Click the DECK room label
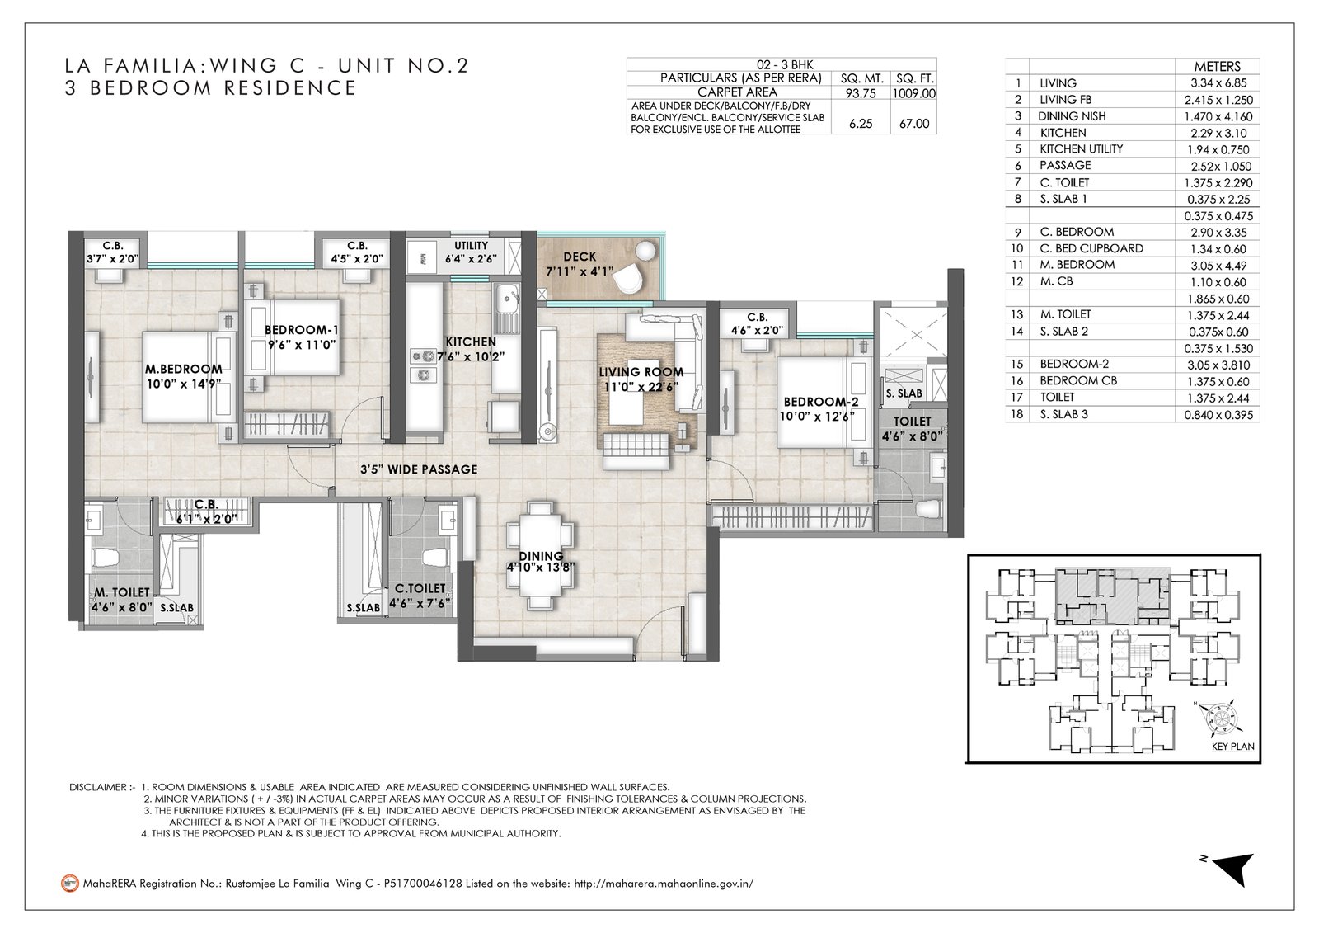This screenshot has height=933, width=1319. pyautogui.click(x=580, y=257)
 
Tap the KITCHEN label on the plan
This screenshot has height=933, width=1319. pyautogui.click(x=471, y=342)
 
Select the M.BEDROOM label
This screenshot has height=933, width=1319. pyautogui.click(x=184, y=369)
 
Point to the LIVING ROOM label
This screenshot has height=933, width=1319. pyautogui.click(x=641, y=372)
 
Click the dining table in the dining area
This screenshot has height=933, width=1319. pyautogui.click(x=541, y=556)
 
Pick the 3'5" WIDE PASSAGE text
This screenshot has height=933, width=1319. pyautogui.click(x=419, y=469)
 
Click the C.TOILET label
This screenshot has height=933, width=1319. pyautogui.click(x=420, y=588)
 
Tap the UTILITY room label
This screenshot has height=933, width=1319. pyautogui.click(x=471, y=245)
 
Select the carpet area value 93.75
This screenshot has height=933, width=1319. pyautogui.click(x=861, y=93)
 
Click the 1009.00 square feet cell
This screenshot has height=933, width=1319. pyautogui.click(x=914, y=93)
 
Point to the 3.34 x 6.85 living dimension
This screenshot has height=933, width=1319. pyautogui.click(x=1218, y=83)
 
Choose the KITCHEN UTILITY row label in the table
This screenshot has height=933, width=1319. pyautogui.click(x=1081, y=149)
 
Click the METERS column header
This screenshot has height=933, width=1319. pyautogui.click(x=1217, y=67)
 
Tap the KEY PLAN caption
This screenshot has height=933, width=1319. pyautogui.click(x=1233, y=747)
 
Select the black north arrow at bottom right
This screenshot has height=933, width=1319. pyautogui.click(x=1236, y=868)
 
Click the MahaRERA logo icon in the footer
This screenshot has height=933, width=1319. pyautogui.click(x=70, y=883)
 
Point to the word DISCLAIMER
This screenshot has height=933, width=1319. pyautogui.click(x=98, y=787)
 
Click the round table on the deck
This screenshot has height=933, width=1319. pyautogui.click(x=646, y=251)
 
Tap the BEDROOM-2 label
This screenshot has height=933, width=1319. pyautogui.click(x=821, y=402)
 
